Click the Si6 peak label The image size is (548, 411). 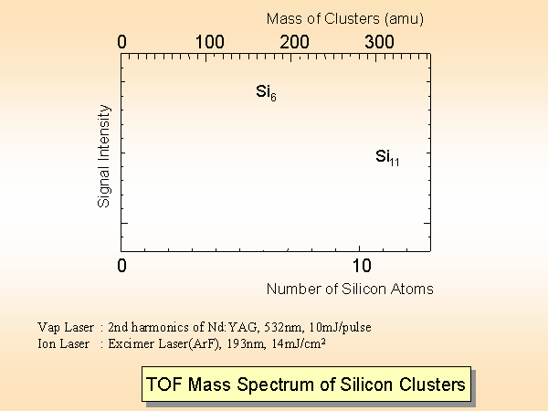click(x=266, y=91)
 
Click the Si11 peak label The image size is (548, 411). click(x=388, y=157)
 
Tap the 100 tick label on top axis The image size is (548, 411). click(x=209, y=41)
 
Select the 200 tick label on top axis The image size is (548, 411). click(x=294, y=41)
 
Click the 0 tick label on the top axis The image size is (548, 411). click(x=123, y=41)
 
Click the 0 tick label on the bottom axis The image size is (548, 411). click(x=123, y=266)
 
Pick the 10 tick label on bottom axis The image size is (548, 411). click(x=363, y=266)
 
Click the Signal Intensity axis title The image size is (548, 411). click(x=104, y=155)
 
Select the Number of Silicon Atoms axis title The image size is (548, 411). click(x=350, y=289)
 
